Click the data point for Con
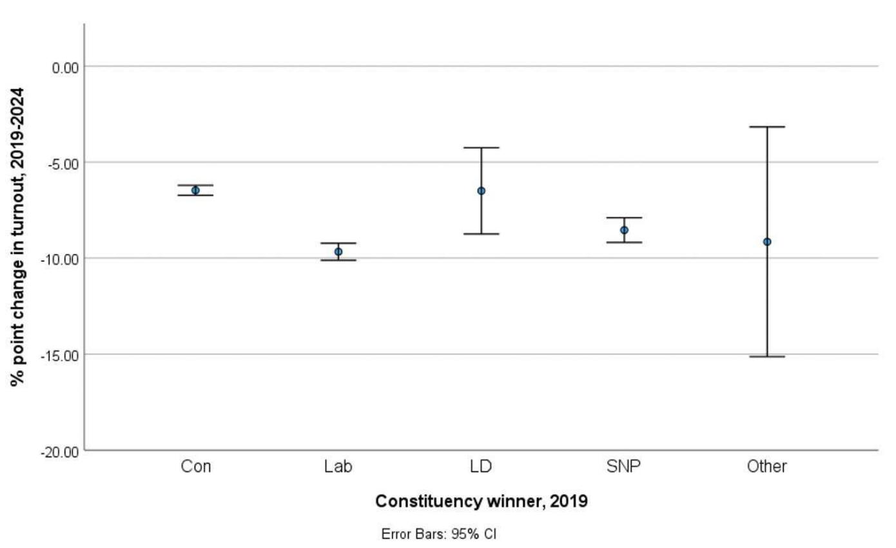(195, 190)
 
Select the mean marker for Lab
(338, 251)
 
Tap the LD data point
(481, 191)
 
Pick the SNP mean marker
(624, 230)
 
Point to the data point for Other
(767, 242)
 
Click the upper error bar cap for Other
(767, 127)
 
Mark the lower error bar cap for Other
(767, 357)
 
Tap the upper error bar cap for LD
(481, 148)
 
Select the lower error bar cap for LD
(481, 233)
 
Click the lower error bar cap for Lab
(338, 260)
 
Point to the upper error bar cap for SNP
(624, 218)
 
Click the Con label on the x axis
(195, 466)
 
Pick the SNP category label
(624, 466)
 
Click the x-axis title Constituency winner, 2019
(481, 501)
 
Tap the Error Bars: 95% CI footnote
(438, 534)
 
